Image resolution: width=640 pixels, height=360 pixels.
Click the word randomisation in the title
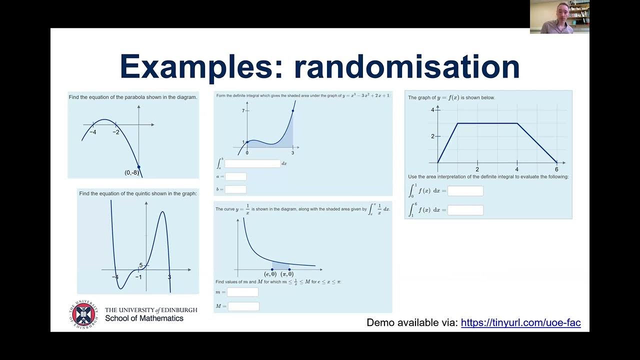(407, 66)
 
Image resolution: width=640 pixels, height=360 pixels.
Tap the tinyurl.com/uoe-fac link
(520, 322)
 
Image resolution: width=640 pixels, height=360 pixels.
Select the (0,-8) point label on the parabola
(131, 172)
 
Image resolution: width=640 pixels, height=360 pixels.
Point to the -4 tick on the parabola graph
(93, 132)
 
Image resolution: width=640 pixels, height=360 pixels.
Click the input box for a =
(236, 176)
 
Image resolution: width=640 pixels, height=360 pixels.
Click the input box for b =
(236, 189)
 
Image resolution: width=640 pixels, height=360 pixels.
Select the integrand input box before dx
(252, 163)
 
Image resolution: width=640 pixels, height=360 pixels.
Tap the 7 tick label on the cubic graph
(243, 110)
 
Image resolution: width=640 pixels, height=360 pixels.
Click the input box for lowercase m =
(242, 292)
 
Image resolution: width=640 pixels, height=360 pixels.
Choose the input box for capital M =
(243, 306)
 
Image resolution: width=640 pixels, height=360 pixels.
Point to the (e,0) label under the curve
(270, 274)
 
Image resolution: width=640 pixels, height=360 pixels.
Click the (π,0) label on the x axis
(287, 274)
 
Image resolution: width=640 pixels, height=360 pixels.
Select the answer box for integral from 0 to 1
(465, 191)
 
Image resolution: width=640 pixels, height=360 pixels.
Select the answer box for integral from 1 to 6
(465, 210)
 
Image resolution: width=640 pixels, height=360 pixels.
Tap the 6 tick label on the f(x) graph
(556, 169)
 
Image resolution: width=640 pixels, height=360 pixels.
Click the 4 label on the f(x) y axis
(433, 109)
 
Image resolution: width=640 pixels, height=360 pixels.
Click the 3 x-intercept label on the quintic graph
(169, 277)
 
